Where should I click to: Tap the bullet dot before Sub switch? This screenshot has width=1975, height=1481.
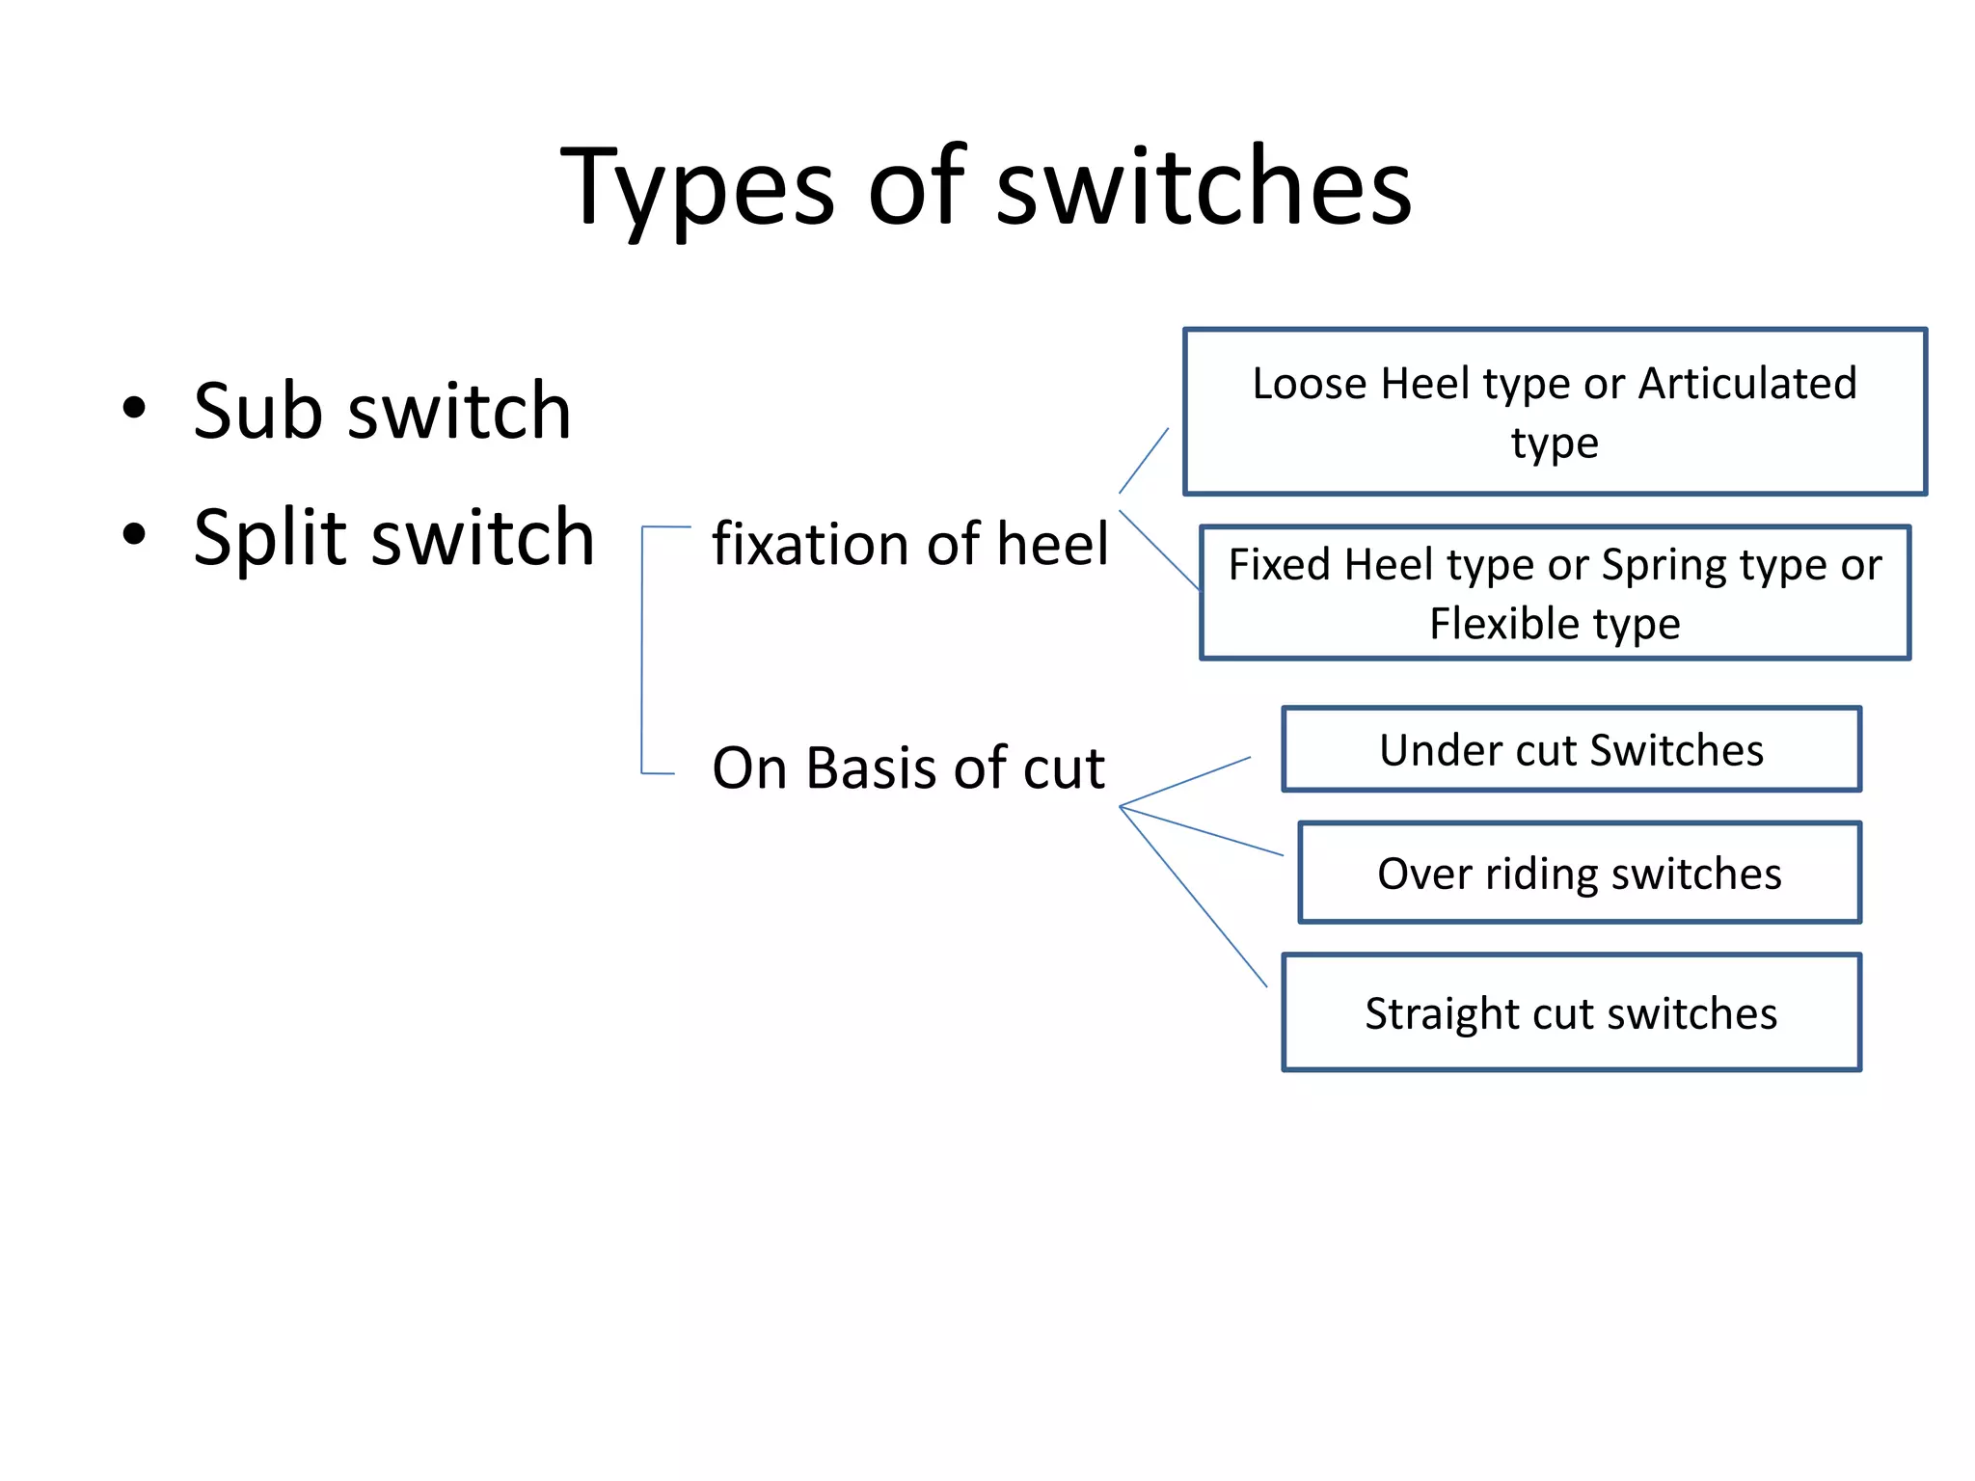(x=134, y=408)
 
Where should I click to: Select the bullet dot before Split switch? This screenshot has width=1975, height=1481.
(x=134, y=534)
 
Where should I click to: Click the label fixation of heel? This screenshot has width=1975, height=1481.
(x=910, y=544)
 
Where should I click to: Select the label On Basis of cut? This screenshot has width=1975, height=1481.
(x=907, y=768)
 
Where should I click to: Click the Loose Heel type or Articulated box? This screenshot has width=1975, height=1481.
(x=1555, y=412)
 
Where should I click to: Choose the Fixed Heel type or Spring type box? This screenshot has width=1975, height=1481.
(x=1555, y=593)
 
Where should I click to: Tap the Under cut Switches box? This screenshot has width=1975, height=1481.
(x=1571, y=750)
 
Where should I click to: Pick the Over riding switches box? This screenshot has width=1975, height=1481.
(x=1579, y=874)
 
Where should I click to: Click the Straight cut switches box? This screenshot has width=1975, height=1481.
(x=1571, y=1012)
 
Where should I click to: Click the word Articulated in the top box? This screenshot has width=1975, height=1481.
(x=1747, y=384)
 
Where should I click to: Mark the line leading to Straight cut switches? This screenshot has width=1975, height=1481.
(x=1194, y=897)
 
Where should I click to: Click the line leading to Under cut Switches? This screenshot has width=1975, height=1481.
(x=1186, y=781)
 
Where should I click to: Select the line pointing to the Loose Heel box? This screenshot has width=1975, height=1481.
(x=1144, y=461)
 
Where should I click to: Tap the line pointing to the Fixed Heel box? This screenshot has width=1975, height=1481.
(x=1159, y=550)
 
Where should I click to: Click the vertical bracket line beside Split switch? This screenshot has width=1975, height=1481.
(x=642, y=651)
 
